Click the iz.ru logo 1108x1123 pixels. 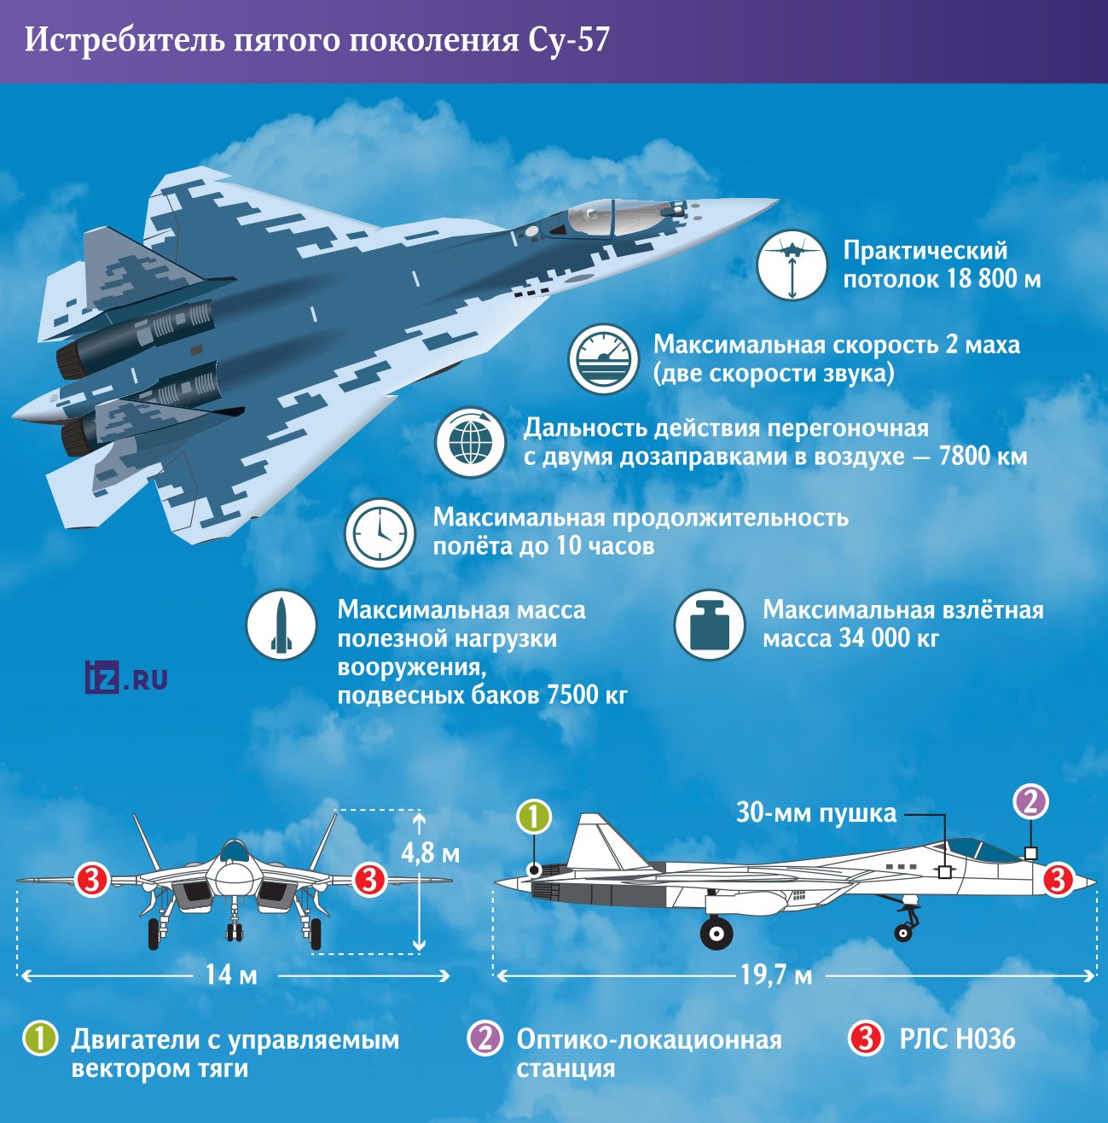point(126,678)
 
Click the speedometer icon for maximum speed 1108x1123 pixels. point(604,359)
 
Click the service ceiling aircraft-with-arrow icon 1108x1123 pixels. point(792,265)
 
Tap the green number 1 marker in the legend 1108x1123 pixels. point(40,1039)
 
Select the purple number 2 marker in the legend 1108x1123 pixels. point(484,1039)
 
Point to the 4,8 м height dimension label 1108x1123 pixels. point(430,852)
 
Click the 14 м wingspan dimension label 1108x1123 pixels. point(230,974)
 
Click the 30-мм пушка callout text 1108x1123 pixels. point(816,812)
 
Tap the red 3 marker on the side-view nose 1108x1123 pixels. point(1058,879)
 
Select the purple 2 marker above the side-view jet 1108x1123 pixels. point(1030,802)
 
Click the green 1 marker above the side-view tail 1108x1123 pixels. point(534,817)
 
